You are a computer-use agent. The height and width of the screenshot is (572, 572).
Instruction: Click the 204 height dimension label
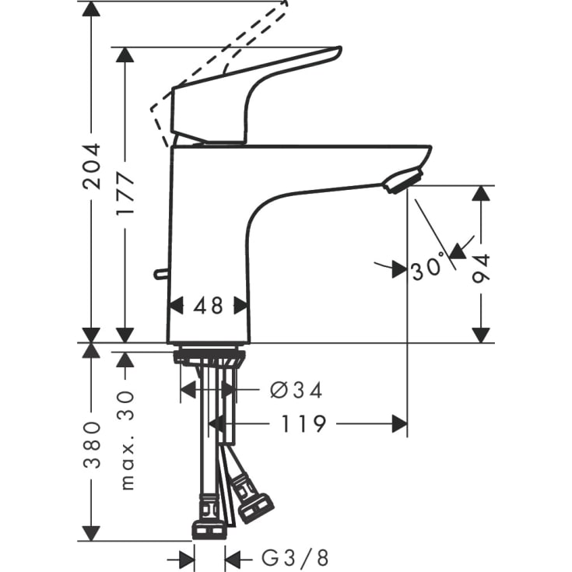93,165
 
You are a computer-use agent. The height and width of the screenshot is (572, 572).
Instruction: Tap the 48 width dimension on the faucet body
209,306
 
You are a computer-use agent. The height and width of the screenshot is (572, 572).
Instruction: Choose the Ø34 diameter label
296,390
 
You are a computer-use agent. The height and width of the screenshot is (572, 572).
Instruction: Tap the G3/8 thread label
295,557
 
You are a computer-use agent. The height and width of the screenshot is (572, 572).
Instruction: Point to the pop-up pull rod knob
160,273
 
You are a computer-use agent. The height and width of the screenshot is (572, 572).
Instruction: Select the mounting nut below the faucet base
209,358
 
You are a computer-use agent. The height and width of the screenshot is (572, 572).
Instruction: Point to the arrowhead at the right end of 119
399,424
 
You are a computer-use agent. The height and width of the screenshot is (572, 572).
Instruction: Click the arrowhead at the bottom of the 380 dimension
92,532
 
